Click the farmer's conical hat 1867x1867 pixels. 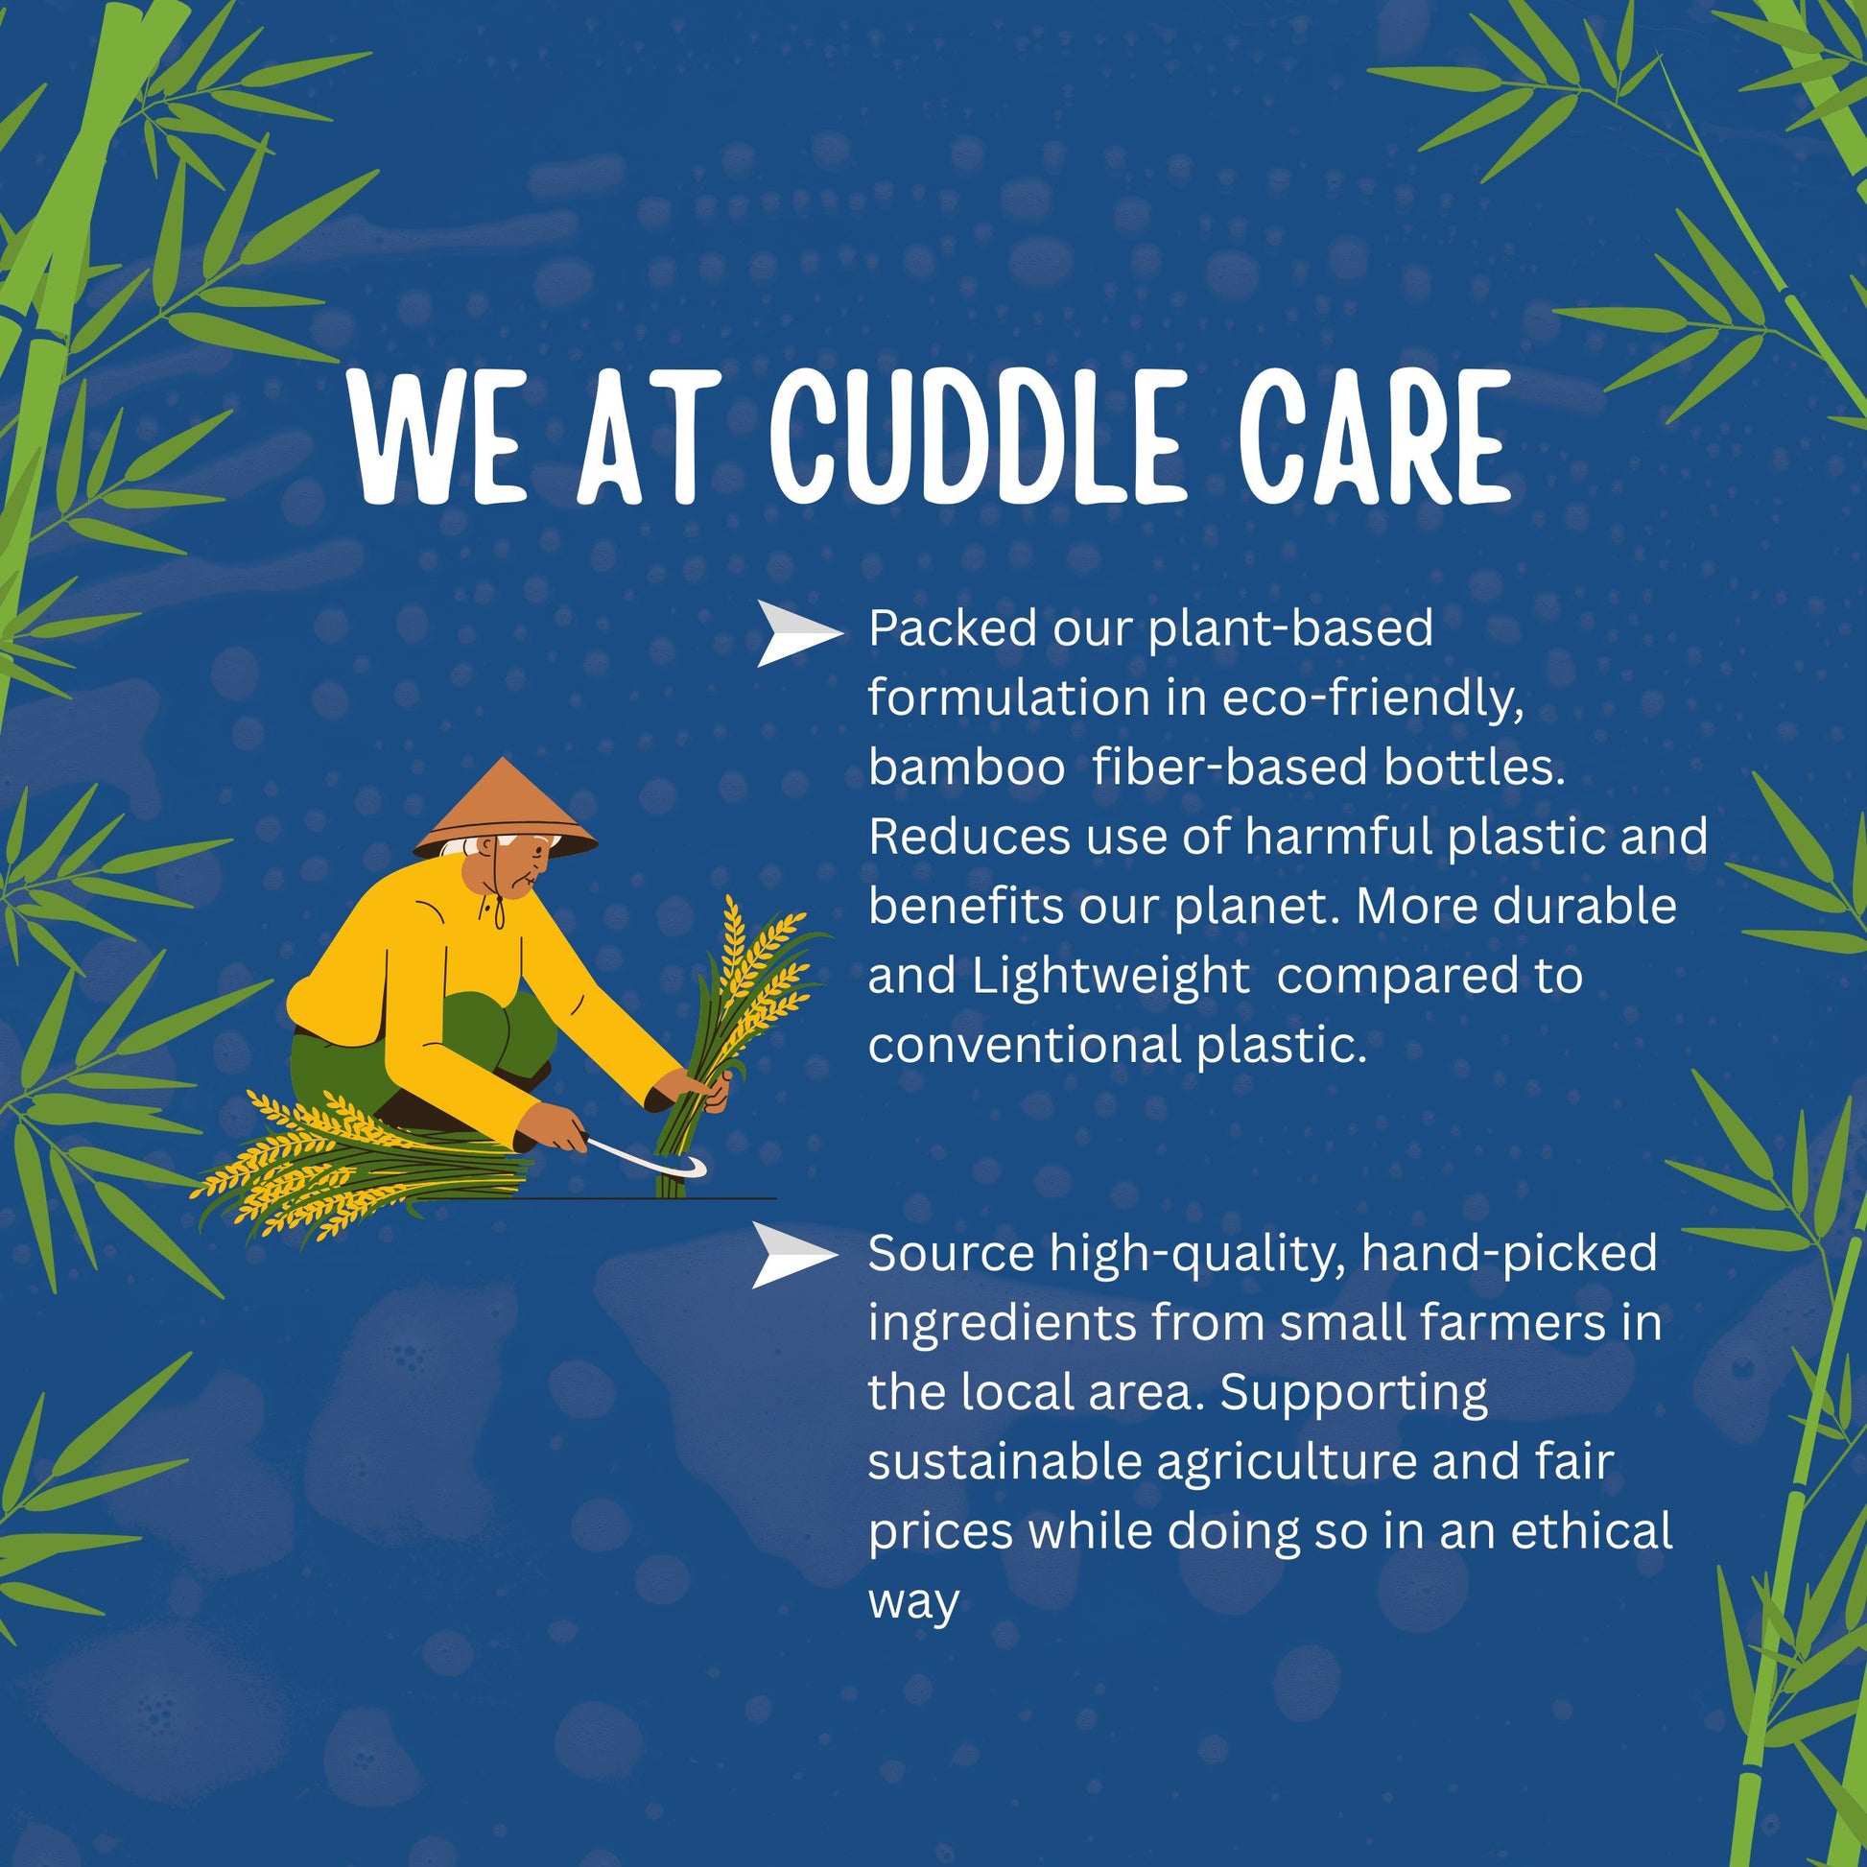(x=505, y=808)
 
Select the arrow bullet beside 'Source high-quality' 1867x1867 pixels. (x=795, y=1255)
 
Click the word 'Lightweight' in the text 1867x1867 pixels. (x=1111, y=978)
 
